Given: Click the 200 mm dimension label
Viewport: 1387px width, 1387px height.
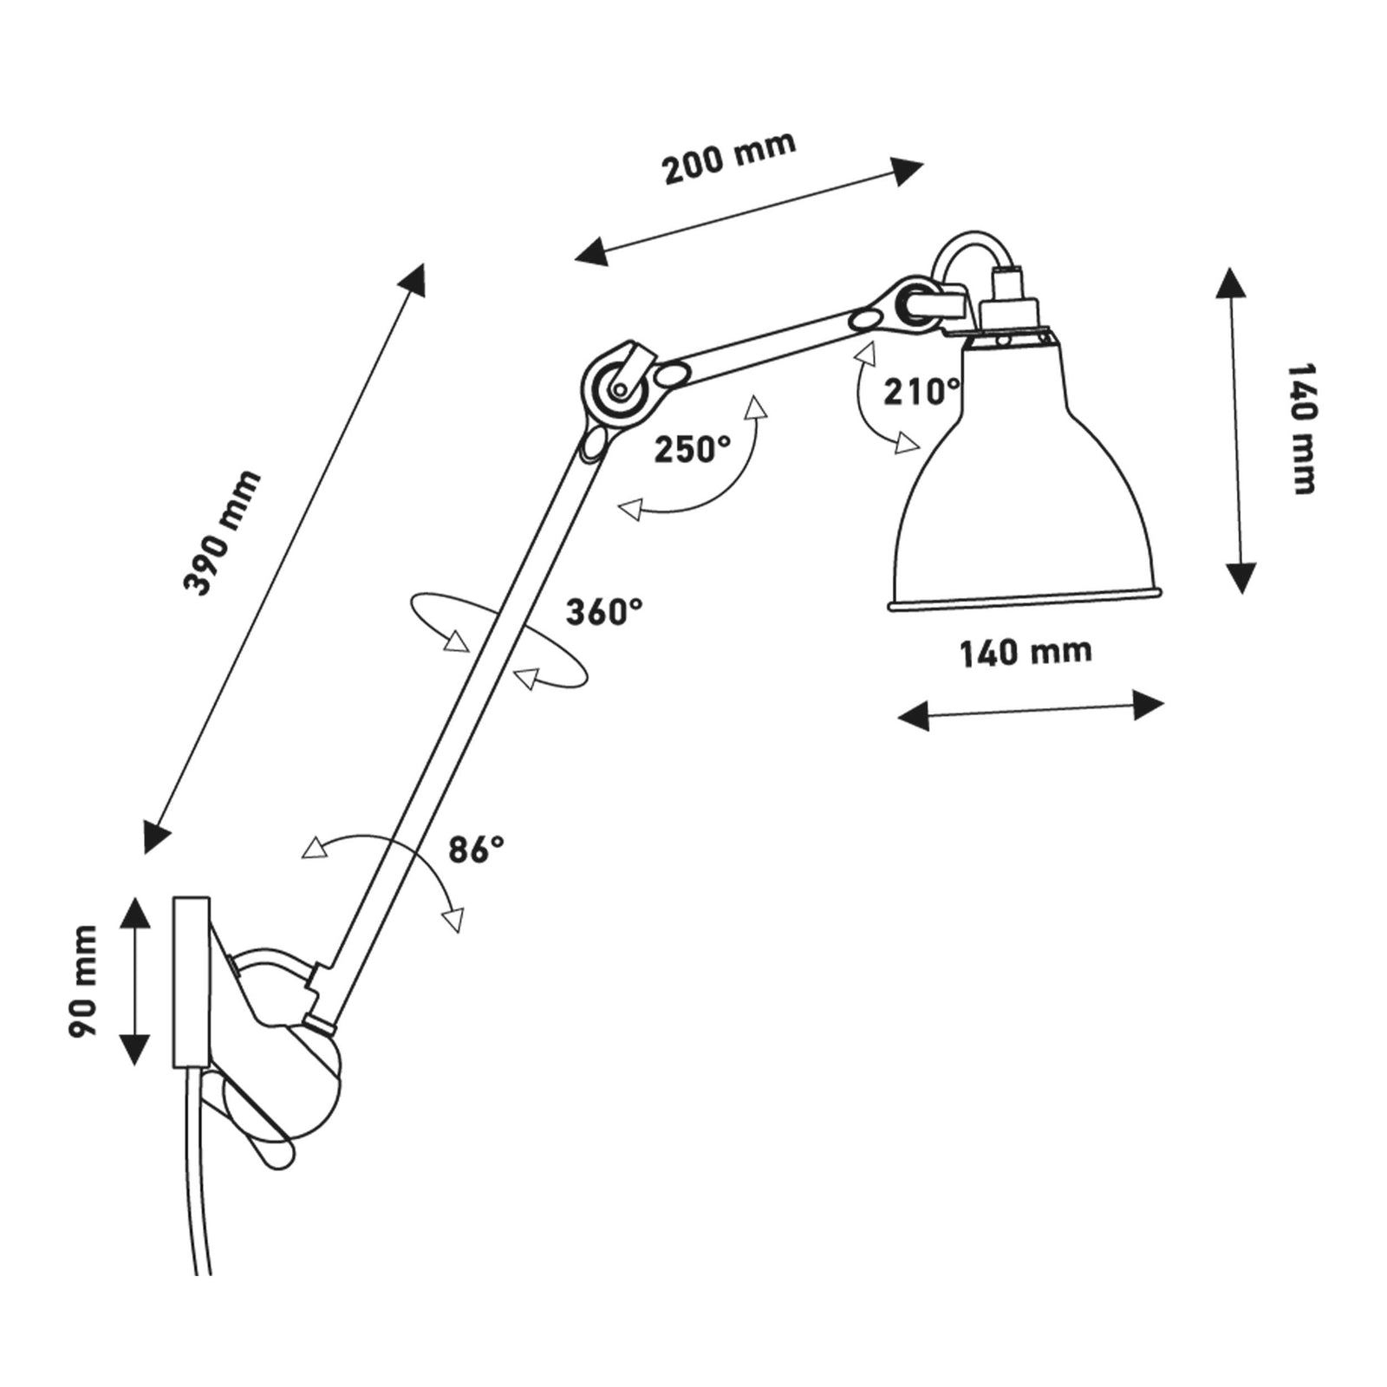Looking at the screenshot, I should click(729, 158).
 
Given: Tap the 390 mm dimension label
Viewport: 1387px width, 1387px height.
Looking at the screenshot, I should click(222, 532).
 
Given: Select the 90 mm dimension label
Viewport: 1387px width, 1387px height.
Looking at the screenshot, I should click(83, 980).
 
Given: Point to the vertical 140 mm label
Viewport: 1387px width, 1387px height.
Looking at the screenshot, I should click(1300, 428).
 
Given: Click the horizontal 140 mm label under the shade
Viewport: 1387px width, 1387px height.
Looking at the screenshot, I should click(1025, 652).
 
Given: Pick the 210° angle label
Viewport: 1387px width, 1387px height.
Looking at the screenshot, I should click(921, 392).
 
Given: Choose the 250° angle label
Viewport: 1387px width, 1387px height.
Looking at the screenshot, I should click(692, 449).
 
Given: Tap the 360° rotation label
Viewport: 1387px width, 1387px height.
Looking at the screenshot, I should click(604, 612).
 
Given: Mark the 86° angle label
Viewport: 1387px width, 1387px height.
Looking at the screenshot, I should click(476, 850).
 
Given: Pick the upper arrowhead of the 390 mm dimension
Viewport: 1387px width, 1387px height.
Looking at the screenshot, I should click(415, 277).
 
